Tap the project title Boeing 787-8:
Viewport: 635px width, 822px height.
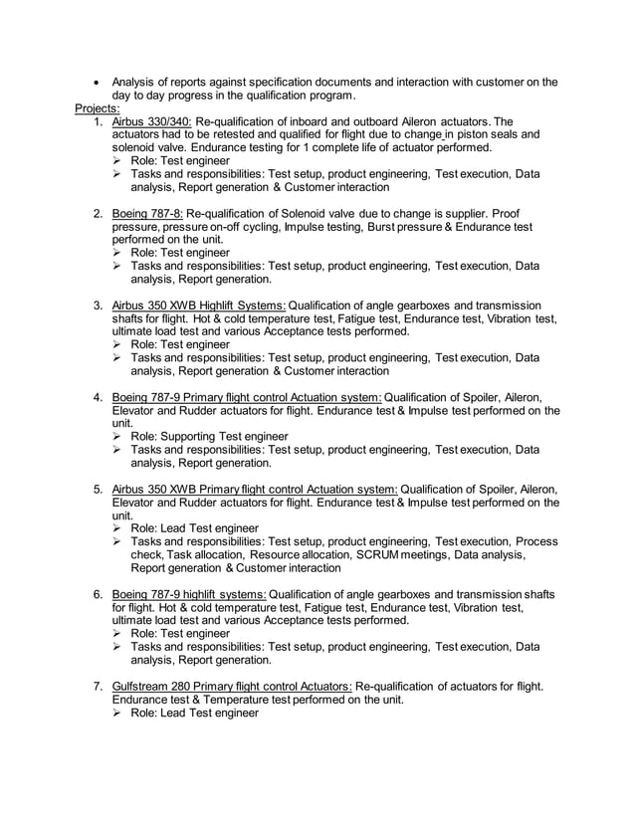tap(147, 214)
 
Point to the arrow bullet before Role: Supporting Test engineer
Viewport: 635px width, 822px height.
tap(118, 437)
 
